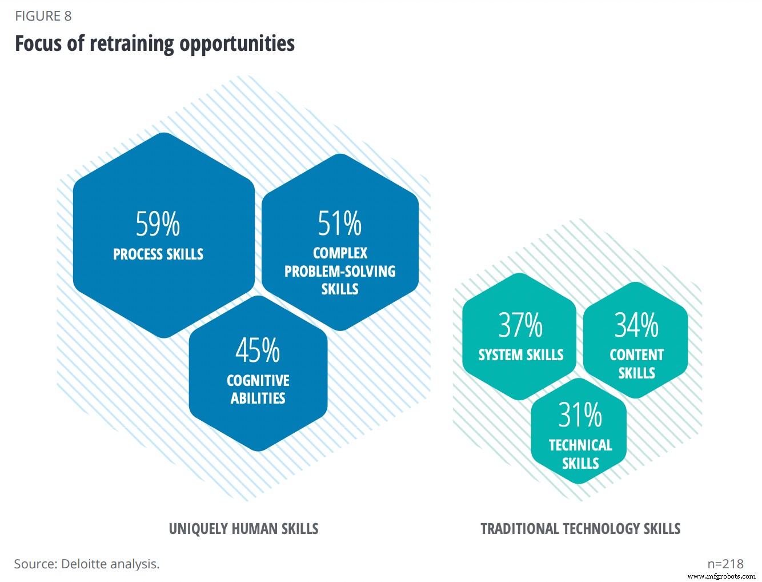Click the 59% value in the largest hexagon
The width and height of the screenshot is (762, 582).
[x=158, y=224]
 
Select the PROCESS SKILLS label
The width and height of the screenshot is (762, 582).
[x=158, y=254]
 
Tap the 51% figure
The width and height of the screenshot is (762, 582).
[x=340, y=224]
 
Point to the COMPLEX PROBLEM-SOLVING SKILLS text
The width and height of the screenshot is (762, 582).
[x=340, y=271]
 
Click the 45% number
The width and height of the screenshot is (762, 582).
[x=258, y=350]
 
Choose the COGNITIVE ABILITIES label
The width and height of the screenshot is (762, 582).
[x=258, y=389]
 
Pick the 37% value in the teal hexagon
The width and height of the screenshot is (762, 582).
[x=520, y=325]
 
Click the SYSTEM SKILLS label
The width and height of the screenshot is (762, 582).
[x=521, y=355]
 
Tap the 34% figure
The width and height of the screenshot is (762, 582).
[x=636, y=325]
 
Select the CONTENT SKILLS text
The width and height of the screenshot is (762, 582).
[x=636, y=364]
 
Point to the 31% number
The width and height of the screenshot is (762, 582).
[x=580, y=415]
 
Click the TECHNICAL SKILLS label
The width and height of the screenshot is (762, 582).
[x=580, y=454]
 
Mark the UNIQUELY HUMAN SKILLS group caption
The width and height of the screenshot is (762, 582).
[x=243, y=529]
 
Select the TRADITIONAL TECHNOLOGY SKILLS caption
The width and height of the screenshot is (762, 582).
[x=580, y=529]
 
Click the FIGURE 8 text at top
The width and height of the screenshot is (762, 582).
[x=43, y=16]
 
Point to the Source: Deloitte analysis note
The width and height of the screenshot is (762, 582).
[x=87, y=564]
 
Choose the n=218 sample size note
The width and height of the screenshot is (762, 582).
[x=725, y=564]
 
